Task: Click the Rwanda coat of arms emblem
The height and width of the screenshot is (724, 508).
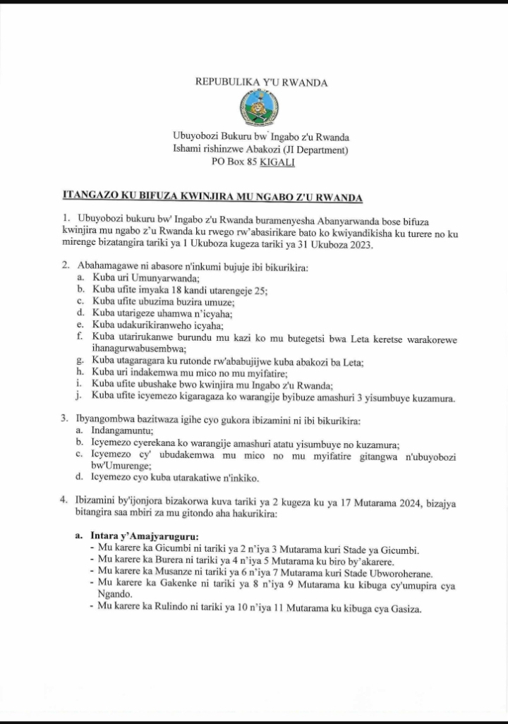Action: (260, 109)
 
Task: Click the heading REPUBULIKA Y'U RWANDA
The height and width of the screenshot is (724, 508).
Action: (261, 83)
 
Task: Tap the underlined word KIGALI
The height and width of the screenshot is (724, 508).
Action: (278, 162)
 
